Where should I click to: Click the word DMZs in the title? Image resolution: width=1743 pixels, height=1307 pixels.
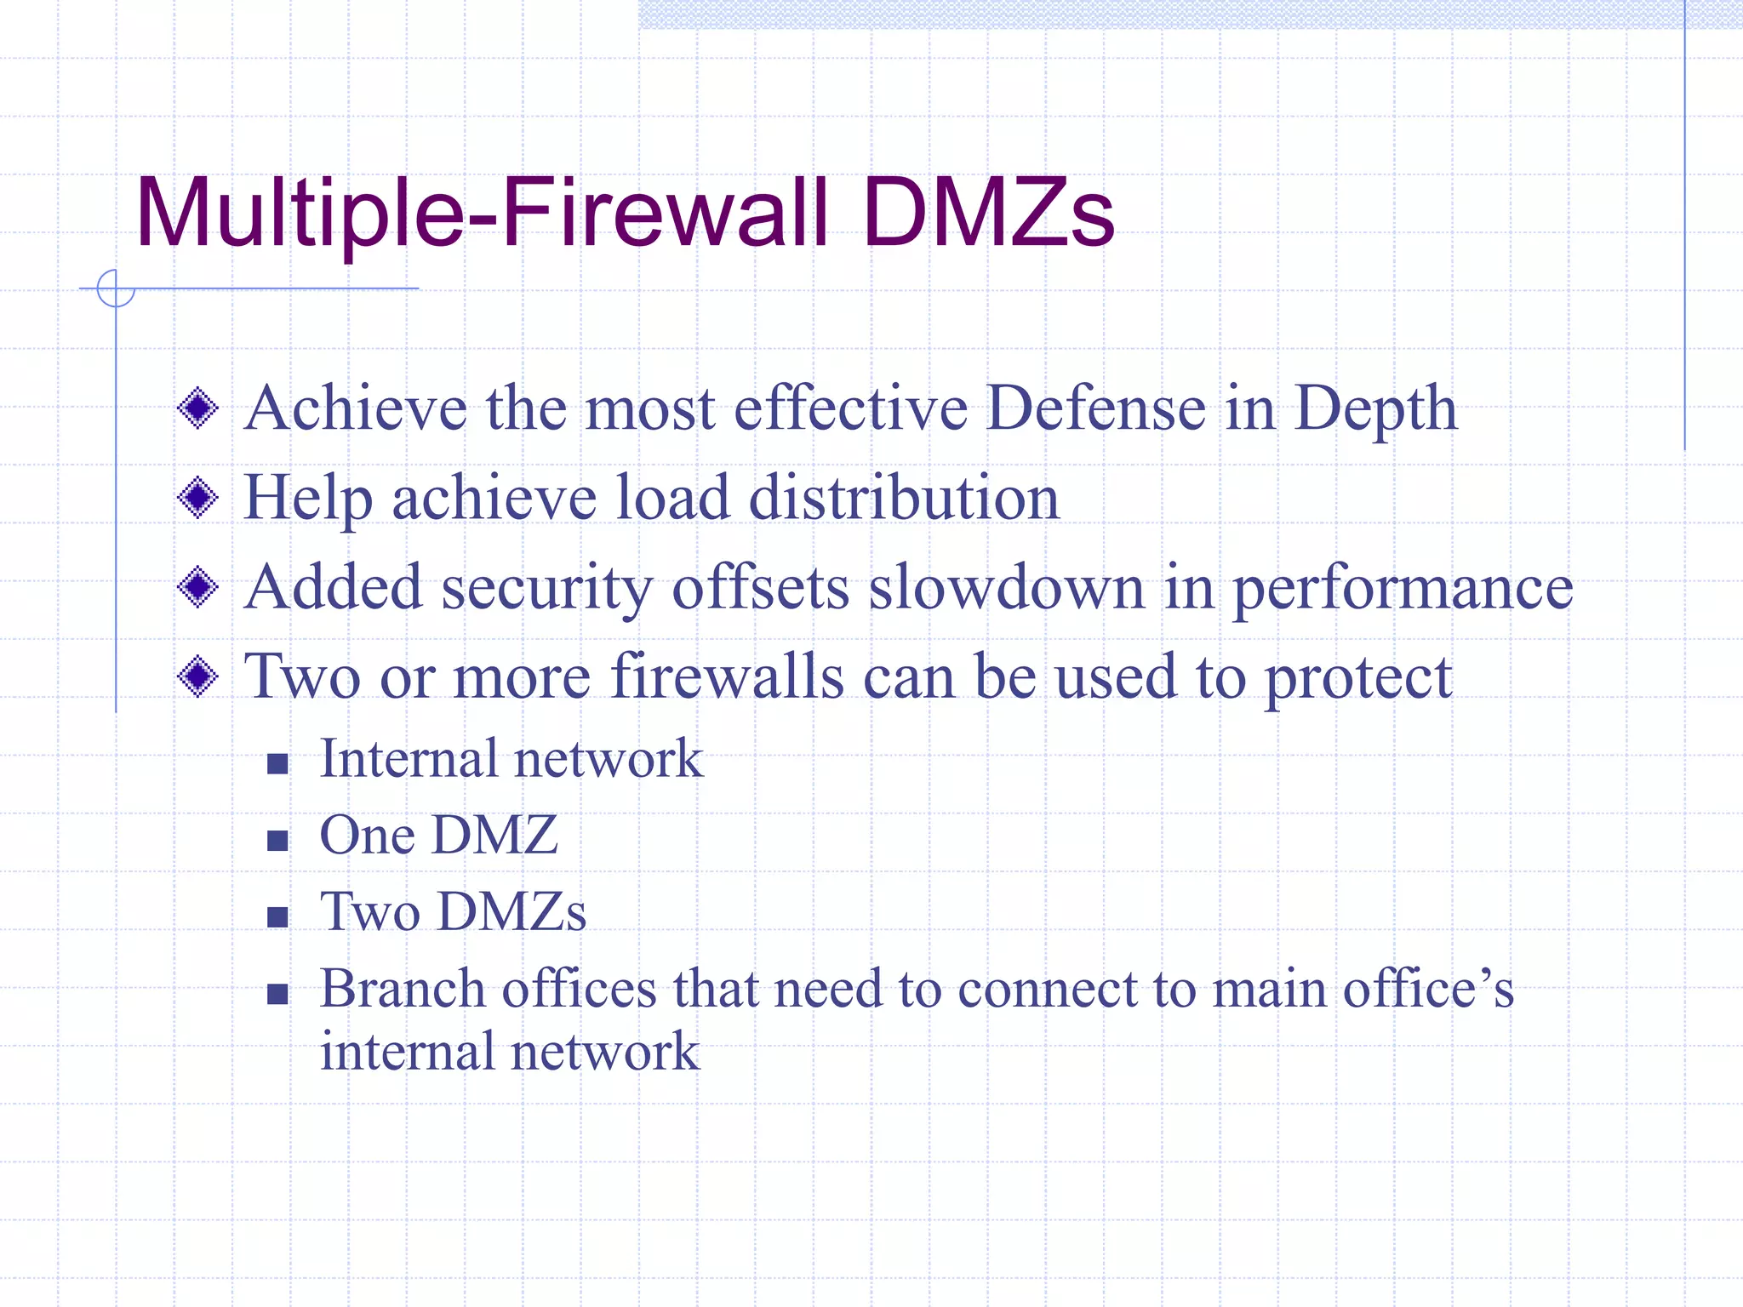[987, 213]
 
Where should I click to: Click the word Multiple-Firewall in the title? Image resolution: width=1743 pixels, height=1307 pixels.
[482, 213]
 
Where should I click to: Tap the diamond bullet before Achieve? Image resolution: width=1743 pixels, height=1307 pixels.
[198, 408]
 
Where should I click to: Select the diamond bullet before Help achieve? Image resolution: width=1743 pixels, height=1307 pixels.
[198, 498]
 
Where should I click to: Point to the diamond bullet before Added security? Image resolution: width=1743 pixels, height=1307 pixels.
[198, 587]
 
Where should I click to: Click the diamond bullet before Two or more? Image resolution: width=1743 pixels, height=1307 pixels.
[198, 676]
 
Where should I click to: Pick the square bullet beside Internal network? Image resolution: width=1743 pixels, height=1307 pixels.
[277, 763]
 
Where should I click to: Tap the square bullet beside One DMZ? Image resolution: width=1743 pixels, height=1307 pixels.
[277, 841]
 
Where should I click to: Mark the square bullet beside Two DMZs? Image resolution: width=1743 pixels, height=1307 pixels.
[277, 917]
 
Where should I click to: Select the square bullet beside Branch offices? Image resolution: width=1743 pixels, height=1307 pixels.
[277, 994]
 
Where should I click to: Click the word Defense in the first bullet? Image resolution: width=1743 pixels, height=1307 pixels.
[1094, 408]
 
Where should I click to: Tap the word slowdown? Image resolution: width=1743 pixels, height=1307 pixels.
[1006, 587]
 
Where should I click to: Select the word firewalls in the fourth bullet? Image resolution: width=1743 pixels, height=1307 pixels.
[727, 676]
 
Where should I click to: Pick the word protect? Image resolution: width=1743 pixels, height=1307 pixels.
[1358, 678]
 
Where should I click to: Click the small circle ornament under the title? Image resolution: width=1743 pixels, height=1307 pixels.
[116, 288]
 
